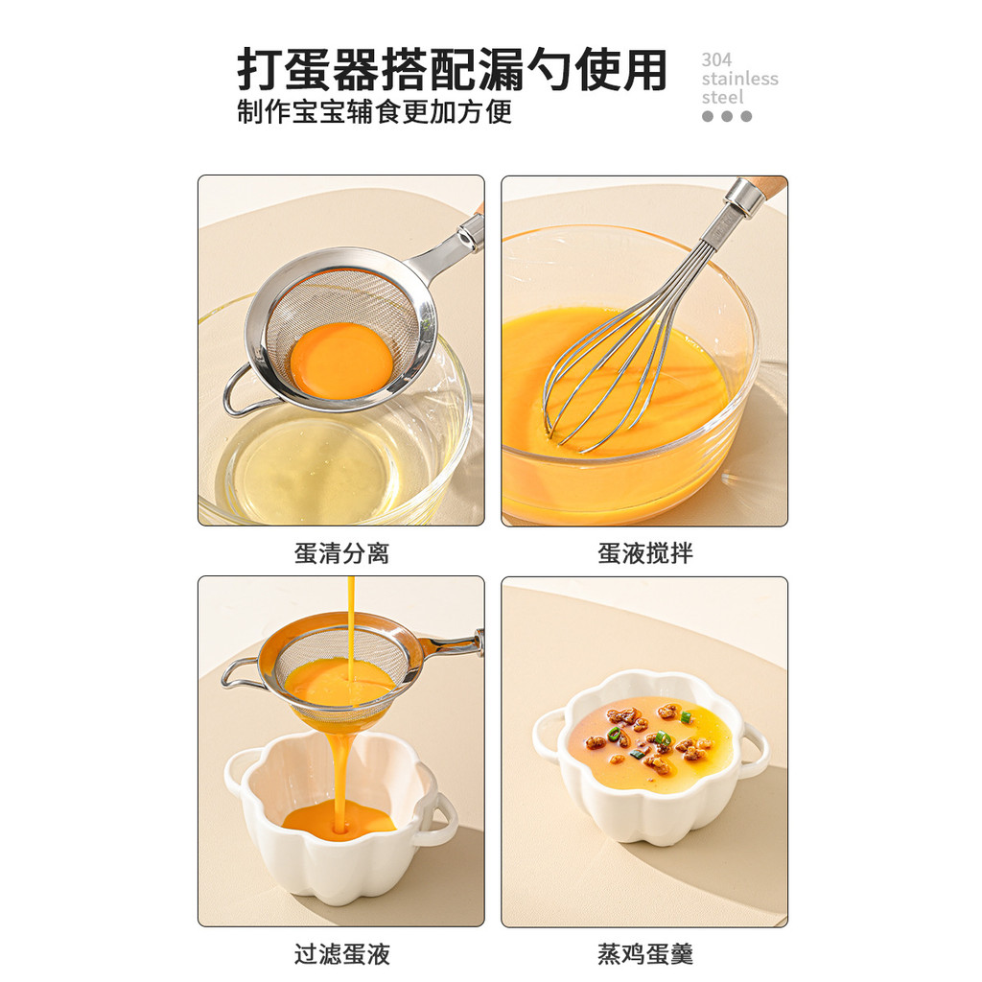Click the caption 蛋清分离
pos(341,553)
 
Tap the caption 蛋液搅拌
pos(644,553)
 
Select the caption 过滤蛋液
pos(341,954)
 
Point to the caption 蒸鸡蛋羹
pos(644,954)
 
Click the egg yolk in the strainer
pos(341,360)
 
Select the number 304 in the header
pos(716,59)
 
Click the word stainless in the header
pos(739,79)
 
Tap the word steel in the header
pos(722,98)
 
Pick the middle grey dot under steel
pos(727,116)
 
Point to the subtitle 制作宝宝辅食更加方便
pos(375,111)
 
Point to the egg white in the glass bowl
pos(307,470)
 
